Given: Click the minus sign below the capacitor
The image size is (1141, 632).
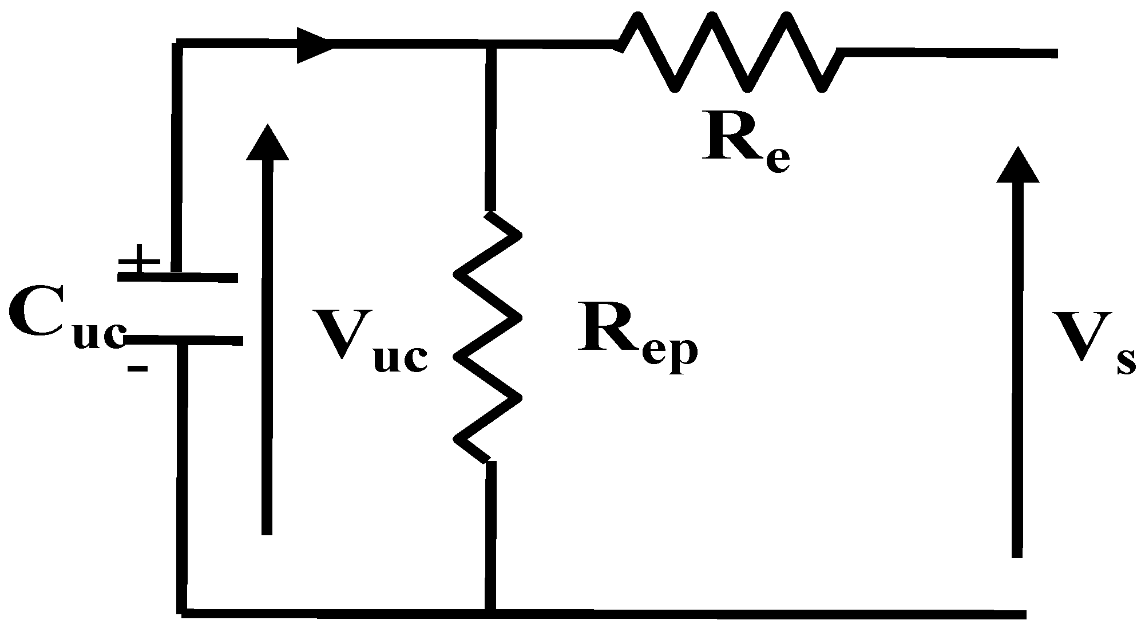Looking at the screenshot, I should [137, 368].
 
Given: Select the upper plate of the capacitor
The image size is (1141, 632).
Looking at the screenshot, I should [177, 278].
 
